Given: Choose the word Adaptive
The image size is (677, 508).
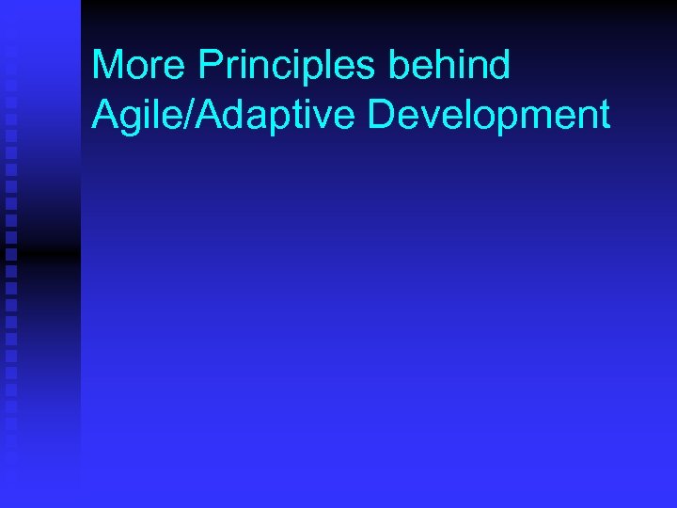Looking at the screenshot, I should [270, 115].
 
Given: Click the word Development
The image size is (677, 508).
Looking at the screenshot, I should [489, 115].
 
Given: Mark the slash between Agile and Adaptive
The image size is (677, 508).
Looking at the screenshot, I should [179, 115].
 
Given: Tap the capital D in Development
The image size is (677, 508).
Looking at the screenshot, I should [383, 115].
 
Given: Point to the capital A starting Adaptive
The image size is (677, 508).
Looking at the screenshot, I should [198, 115].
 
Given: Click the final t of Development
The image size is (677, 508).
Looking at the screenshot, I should [604, 115].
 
